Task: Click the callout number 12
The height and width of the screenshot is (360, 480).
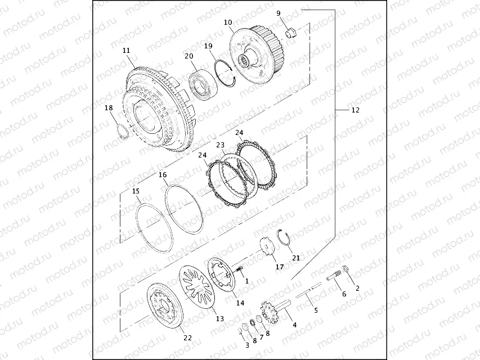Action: coord(355,110)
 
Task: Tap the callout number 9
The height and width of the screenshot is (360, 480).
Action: coord(279,13)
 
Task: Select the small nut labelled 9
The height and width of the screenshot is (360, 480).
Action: coord(291,32)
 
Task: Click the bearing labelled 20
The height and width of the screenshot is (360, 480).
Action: coord(202,85)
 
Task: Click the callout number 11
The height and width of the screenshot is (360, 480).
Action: coord(127,51)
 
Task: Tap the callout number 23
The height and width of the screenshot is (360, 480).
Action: coord(221,145)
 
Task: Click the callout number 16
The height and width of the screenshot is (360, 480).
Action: coord(163,175)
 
